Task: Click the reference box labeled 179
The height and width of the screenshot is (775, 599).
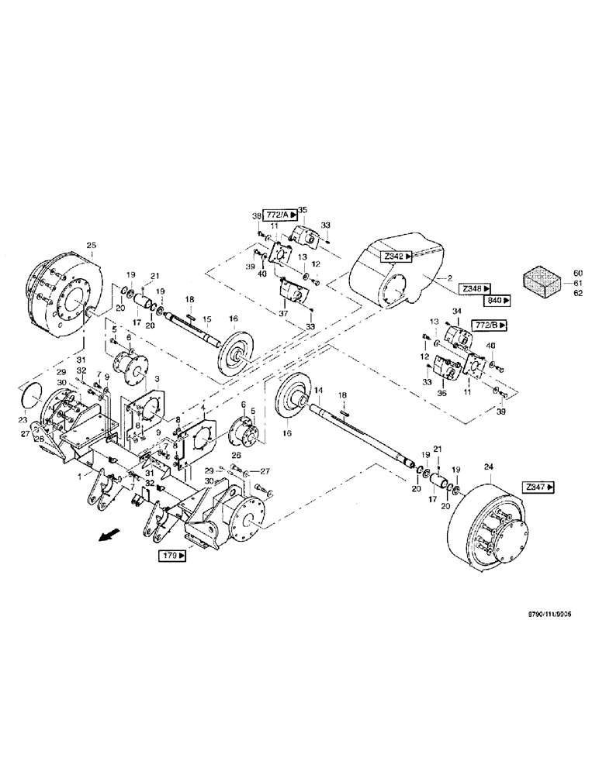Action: pyautogui.click(x=173, y=555)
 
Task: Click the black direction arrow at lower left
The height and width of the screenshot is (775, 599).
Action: pyautogui.click(x=110, y=535)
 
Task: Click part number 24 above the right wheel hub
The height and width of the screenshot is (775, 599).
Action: pyautogui.click(x=488, y=467)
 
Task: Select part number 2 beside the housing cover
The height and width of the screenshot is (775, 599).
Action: pyautogui.click(x=449, y=277)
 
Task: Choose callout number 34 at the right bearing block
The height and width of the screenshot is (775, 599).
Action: pyautogui.click(x=457, y=312)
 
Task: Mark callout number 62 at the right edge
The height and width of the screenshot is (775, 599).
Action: pyautogui.click(x=577, y=293)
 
